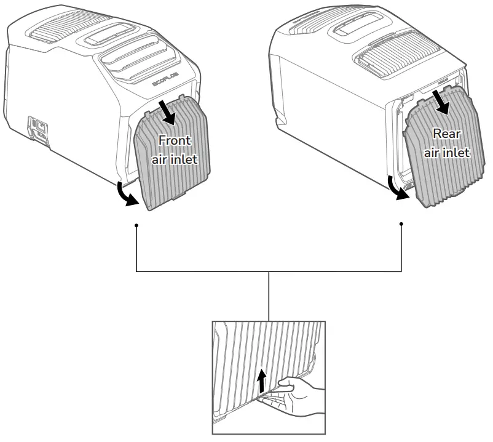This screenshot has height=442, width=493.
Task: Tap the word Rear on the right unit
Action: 447,133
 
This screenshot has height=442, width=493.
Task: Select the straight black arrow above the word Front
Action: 168,110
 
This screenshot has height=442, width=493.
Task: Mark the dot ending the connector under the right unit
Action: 401,224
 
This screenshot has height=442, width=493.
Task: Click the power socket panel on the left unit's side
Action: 39,129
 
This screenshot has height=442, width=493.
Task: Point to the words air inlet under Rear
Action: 447,151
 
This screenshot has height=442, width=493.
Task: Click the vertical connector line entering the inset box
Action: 269,295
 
